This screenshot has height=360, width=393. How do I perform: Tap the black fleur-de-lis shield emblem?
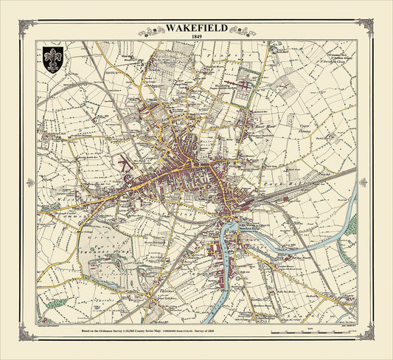tap(51, 59)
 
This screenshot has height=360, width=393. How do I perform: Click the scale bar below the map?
tap(302, 334)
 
